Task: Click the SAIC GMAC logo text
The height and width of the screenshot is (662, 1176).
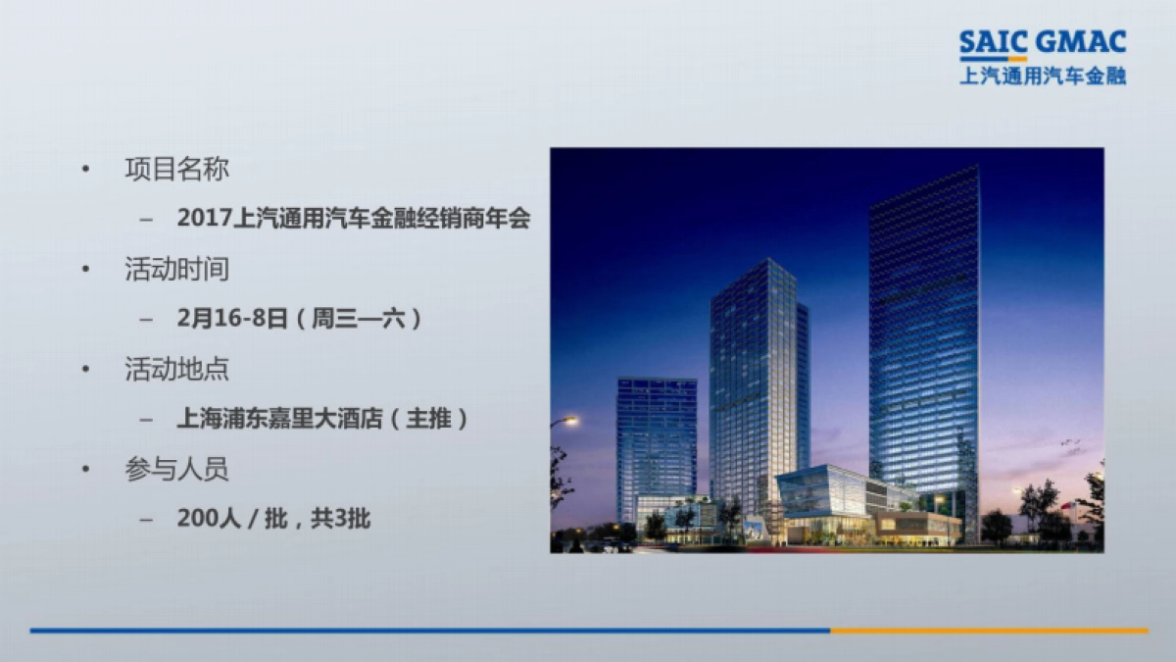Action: [x=1043, y=43]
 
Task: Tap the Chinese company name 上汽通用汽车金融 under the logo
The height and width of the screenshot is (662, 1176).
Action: [x=1043, y=76]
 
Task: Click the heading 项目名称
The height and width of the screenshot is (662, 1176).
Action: [x=176, y=169]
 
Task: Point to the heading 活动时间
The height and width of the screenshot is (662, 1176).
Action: [x=176, y=269]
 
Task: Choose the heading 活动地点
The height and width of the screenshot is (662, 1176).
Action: [x=176, y=370]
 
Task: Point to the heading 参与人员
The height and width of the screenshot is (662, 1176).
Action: [x=176, y=470]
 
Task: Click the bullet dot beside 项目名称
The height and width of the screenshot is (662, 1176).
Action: [x=86, y=170]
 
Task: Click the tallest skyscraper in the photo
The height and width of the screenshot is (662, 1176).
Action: [x=923, y=333]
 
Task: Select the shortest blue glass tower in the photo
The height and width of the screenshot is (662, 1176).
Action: [x=656, y=441]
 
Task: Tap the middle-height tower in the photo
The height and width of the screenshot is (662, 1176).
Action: [x=755, y=382]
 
